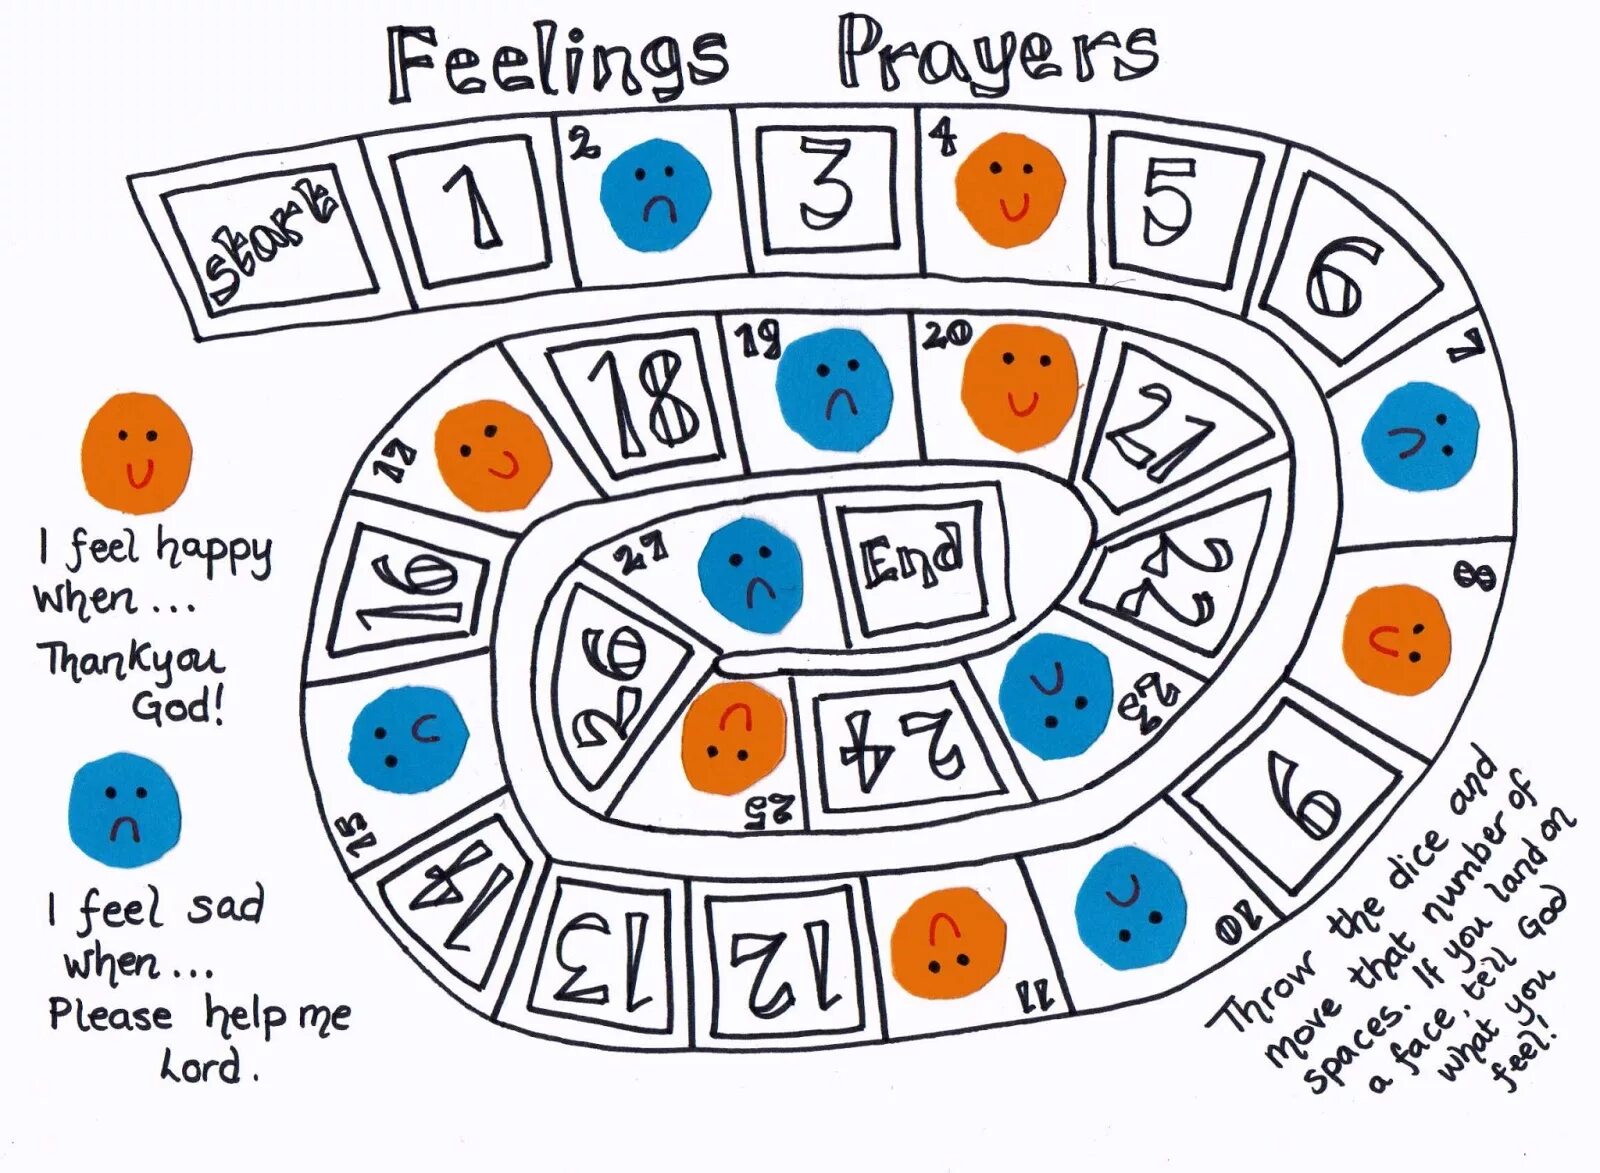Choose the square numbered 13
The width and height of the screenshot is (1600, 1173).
tap(597, 958)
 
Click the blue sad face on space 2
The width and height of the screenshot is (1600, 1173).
tap(656, 194)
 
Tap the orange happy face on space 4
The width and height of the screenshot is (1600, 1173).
tap(1010, 190)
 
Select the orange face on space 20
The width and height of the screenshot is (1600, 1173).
tap(1020, 385)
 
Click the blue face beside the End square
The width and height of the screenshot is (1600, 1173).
tap(751, 574)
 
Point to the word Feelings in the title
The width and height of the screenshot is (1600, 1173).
tap(558, 63)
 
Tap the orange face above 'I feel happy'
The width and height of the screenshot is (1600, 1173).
tap(136, 452)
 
